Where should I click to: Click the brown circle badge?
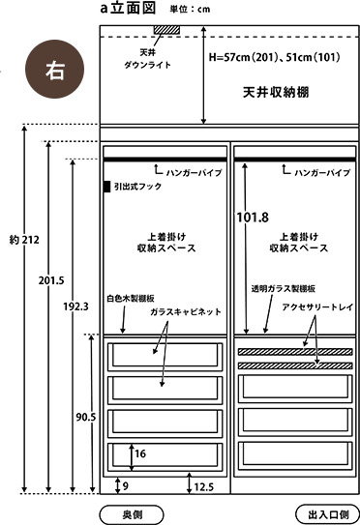tap(54, 70)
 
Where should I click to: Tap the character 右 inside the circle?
tap(54, 70)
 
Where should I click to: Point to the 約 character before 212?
tap(14, 239)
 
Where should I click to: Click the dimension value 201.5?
tap(50, 280)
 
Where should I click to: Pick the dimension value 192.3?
tap(75, 306)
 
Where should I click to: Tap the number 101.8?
tap(253, 218)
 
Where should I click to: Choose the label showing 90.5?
tap(85, 417)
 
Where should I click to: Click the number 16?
tap(140, 453)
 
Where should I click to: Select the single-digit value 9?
tap(125, 485)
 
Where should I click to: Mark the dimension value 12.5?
tap(203, 486)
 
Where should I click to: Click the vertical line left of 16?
tap(131, 454)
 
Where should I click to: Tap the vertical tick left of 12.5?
tap(189, 486)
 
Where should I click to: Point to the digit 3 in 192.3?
tap(86, 306)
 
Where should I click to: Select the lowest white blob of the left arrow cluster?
tap(162, 385)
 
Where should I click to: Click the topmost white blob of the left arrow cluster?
tap(166, 327)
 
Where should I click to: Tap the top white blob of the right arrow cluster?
tap(314, 322)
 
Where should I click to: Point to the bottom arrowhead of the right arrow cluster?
tap(316, 360)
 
